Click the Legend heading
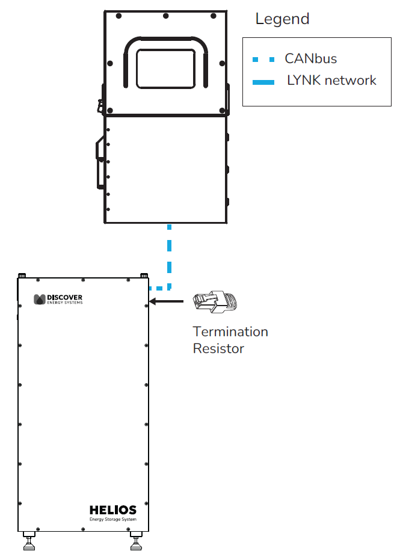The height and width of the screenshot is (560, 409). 282,19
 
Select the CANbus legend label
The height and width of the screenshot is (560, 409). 310,58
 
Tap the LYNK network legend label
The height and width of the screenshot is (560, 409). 332,80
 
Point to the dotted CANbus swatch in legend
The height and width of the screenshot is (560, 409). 263,59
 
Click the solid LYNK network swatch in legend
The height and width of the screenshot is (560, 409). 263,81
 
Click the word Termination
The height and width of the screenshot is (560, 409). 230,331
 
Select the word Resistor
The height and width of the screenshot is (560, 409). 218,348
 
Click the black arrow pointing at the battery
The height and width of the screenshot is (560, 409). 166,301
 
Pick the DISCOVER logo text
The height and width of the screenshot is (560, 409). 64,297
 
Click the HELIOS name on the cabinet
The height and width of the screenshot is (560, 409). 113,510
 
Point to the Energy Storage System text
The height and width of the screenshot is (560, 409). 113,519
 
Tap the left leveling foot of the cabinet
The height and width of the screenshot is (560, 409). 29,541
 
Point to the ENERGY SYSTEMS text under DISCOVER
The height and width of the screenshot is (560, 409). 65,303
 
